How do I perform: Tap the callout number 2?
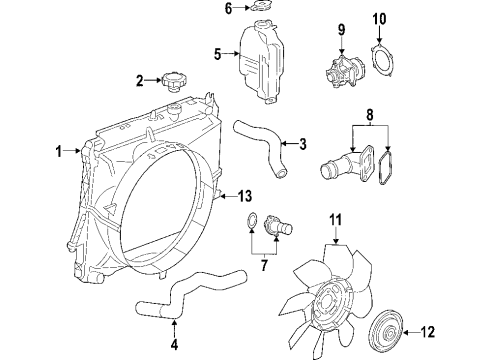click(142, 79)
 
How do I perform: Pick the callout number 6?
click(228, 9)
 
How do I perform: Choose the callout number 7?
click(263, 264)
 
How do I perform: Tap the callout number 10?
click(379, 18)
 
